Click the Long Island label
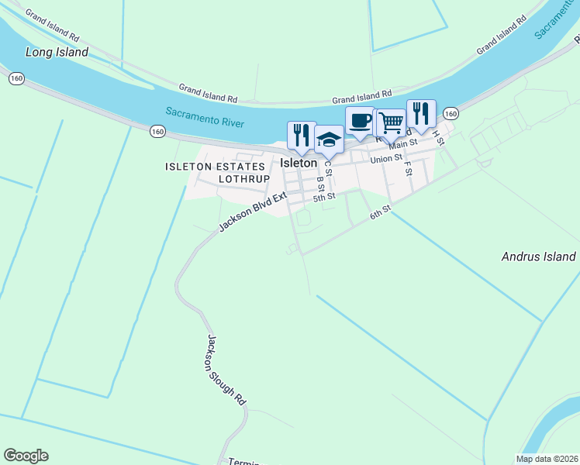[57, 53]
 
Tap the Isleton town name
[299, 164]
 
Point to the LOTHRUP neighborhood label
[243, 178]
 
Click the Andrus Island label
[538, 257]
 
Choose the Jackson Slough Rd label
[226, 370]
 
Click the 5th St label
[323, 197]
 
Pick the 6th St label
[380, 212]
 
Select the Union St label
[386, 159]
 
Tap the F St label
[407, 167]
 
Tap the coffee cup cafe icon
[360, 120]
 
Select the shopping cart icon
[391, 122]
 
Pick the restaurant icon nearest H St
[421, 113]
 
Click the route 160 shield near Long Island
[16, 78]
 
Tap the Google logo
[26, 456]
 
